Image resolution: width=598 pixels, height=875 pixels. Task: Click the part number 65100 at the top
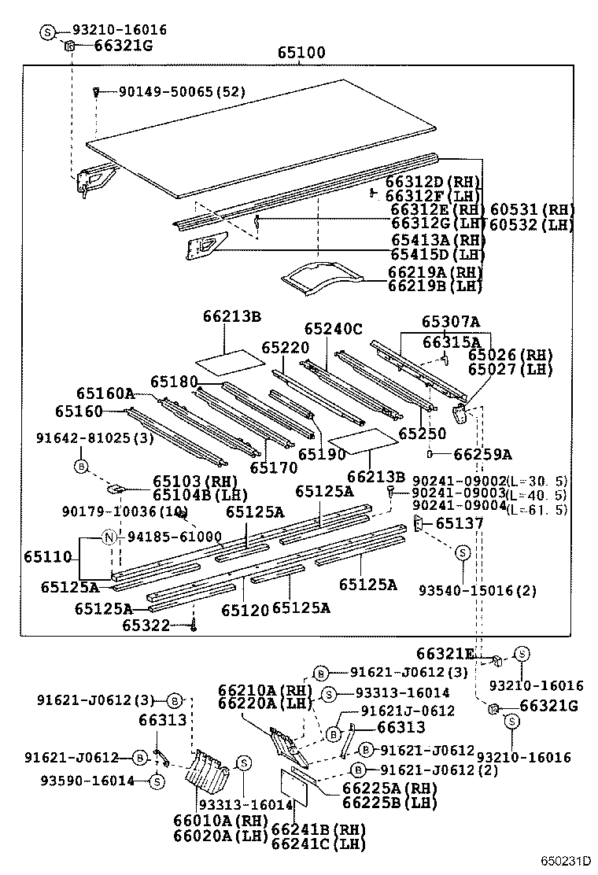(301, 54)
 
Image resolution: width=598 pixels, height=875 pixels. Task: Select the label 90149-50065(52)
(182, 92)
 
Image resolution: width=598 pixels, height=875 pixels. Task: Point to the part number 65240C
(333, 328)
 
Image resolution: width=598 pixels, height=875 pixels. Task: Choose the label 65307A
(450, 322)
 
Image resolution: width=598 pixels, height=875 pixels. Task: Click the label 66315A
(451, 342)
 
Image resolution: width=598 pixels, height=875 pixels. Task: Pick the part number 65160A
(105, 393)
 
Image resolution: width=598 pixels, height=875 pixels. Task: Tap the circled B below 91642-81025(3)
(81, 467)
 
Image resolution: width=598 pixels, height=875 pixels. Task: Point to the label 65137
(460, 523)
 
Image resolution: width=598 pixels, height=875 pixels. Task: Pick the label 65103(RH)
(184, 482)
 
